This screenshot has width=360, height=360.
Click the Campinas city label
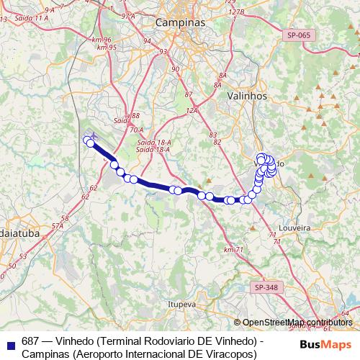click(x=180, y=23)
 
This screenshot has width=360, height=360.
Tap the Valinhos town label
click(x=247, y=96)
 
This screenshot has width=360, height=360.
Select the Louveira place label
click(x=293, y=227)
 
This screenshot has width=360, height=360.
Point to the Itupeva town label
click(x=181, y=305)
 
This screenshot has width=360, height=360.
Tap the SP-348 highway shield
click(x=266, y=287)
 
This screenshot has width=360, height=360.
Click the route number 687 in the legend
click(x=30, y=341)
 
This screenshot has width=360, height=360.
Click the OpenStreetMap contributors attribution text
click(x=297, y=323)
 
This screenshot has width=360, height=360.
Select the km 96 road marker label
click(x=102, y=40)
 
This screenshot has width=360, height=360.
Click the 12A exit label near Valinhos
click(x=191, y=110)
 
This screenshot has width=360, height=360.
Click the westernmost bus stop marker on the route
click(x=87, y=140)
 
